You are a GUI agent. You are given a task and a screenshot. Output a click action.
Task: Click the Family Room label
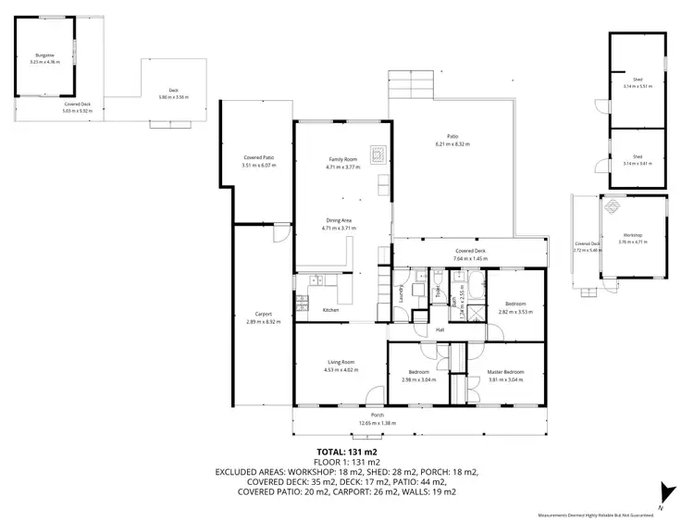pyautogui.click(x=341, y=159)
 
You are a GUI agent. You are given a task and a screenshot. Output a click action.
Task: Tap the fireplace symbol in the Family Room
pyautogui.click(x=376, y=153)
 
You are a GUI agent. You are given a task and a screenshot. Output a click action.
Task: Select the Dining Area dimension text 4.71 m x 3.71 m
pyautogui.click(x=341, y=228)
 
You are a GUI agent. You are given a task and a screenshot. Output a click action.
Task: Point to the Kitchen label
pyautogui.click(x=330, y=310)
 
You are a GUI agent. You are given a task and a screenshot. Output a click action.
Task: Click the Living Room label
pyautogui.click(x=341, y=362)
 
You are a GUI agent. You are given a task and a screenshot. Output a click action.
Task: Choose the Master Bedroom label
pyautogui.click(x=506, y=372)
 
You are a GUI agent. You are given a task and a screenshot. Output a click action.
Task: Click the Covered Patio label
pyautogui.click(x=259, y=158)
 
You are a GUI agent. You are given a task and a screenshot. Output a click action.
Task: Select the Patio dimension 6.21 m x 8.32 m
pyautogui.click(x=452, y=144)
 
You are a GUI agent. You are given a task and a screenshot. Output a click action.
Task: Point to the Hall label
pyautogui.click(x=440, y=329)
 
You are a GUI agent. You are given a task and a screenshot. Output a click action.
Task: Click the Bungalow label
pyautogui.click(x=45, y=56)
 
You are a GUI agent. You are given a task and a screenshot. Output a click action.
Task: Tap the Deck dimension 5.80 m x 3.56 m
pyautogui.click(x=173, y=96)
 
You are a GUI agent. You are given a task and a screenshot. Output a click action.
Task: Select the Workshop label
pyautogui.click(x=632, y=235)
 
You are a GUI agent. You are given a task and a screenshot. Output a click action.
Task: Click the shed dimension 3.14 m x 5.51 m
pyautogui.click(x=638, y=86)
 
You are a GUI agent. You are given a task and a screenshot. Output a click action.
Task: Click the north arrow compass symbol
pyautogui.click(x=663, y=491)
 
